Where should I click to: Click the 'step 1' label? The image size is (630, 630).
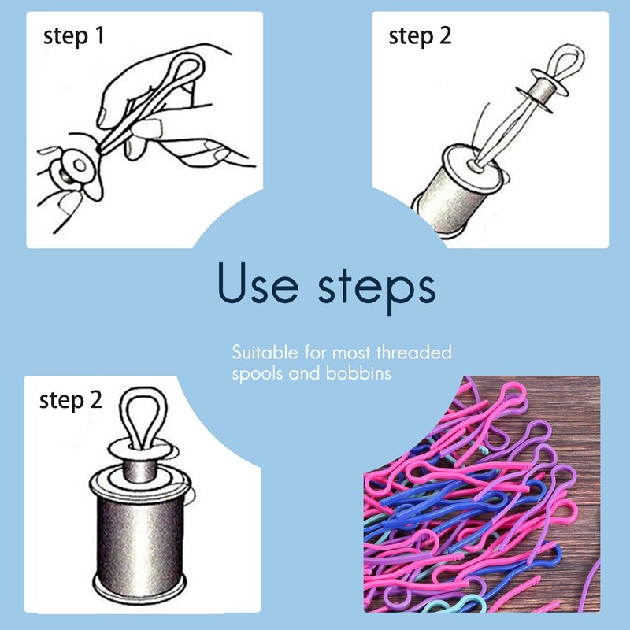[74, 36]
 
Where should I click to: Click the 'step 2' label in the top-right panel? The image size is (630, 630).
[421, 36]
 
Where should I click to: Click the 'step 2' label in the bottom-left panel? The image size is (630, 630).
[71, 400]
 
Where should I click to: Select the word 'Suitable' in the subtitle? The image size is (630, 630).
[263, 352]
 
